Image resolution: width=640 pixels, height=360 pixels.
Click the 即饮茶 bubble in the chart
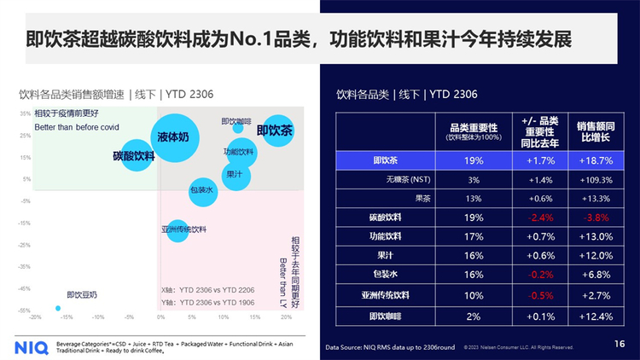click(276, 131)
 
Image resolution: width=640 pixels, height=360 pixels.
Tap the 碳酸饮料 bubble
click(135, 155)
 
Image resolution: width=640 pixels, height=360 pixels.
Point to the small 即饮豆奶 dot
click(58, 308)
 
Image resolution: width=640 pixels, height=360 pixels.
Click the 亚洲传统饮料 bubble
click(177, 229)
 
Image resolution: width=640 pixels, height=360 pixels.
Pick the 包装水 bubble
click(201, 191)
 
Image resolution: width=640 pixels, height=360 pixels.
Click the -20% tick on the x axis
click(35, 316)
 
